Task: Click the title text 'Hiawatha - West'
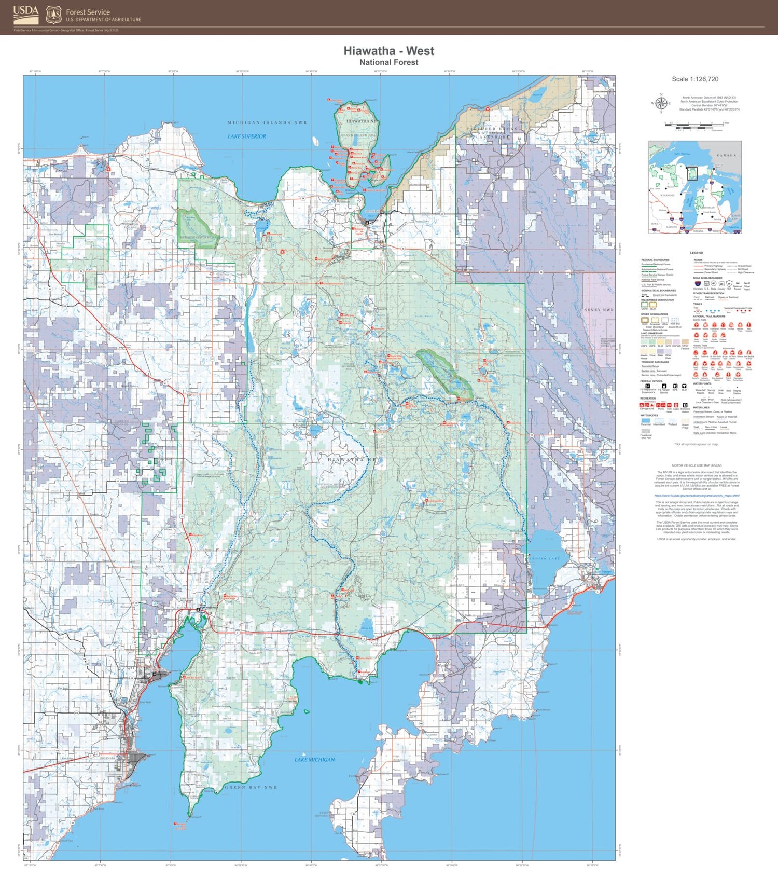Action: (x=388, y=51)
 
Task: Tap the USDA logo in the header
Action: (x=25, y=15)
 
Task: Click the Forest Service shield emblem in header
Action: (x=53, y=15)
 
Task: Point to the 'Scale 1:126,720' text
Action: (x=694, y=79)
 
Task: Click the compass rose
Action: (x=661, y=103)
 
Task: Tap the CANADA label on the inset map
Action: (x=726, y=155)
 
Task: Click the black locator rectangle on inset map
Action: (x=692, y=173)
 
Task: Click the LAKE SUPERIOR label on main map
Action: (x=247, y=136)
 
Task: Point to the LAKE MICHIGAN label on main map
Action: (x=314, y=759)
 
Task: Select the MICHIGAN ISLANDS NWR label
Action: (x=267, y=123)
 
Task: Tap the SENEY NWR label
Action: (x=599, y=310)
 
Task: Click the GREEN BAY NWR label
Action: (x=251, y=787)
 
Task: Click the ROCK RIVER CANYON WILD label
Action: (x=197, y=237)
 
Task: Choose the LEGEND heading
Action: (x=696, y=253)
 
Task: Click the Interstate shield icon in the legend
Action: (x=697, y=284)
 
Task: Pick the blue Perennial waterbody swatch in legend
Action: (x=645, y=420)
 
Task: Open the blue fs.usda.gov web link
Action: (x=697, y=496)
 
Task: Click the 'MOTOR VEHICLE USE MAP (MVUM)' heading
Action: (x=697, y=465)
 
